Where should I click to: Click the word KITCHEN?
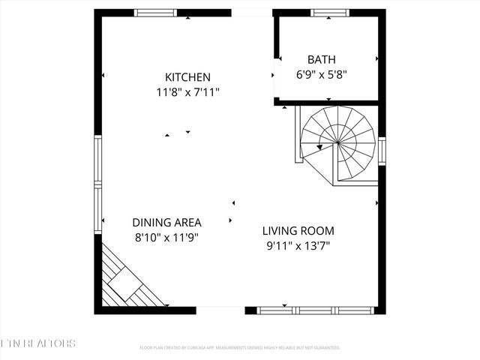(x=187, y=77)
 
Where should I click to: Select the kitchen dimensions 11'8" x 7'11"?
(x=187, y=92)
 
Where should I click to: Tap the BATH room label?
(x=322, y=59)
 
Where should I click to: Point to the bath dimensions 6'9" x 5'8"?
(x=322, y=74)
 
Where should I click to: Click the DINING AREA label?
(x=166, y=222)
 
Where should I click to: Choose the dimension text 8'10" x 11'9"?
(x=166, y=237)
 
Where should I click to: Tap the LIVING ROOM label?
(x=298, y=231)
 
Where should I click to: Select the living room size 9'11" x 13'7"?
(x=298, y=245)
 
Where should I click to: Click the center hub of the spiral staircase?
(x=337, y=142)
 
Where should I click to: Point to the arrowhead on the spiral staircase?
(x=319, y=147)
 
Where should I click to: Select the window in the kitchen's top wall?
(x=156, y=13)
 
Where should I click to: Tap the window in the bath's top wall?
(x=330, y=13)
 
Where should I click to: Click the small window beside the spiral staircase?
(x=382, y=151)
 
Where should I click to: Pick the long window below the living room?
(x=315, y=310)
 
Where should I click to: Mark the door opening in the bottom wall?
(x=220, y=310)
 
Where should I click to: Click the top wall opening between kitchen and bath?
(x=251, y=13)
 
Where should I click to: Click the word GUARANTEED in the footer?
(x=325, y=348)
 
